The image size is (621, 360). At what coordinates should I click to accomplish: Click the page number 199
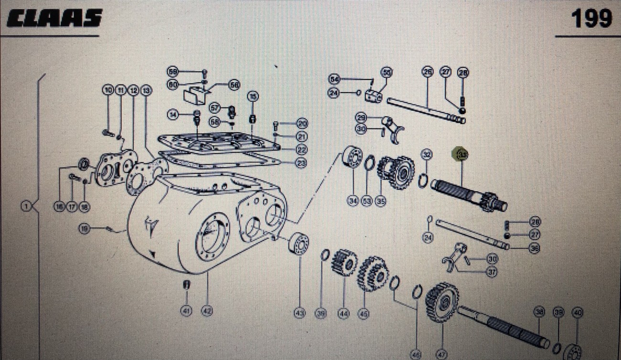tap(591, 19)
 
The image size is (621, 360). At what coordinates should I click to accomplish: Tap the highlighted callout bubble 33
tap(462, 155)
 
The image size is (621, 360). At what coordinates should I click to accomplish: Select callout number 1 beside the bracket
tap(27, 206)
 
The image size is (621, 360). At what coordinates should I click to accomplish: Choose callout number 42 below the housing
tap(206, 311)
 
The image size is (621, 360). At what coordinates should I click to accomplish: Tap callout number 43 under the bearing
tap(300, 314)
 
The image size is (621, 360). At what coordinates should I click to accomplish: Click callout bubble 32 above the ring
tap(426, 154)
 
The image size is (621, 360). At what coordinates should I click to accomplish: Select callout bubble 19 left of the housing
tap(85, 229)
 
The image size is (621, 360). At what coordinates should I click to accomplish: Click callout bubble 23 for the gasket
tap(301, 163)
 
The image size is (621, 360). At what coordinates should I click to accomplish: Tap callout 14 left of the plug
tap(173, 114)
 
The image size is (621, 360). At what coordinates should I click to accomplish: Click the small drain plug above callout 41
tap(187, 285)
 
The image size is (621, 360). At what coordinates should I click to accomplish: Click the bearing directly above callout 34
tap(353, 158)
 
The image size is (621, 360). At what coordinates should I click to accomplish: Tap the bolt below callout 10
tap(107, 131)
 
